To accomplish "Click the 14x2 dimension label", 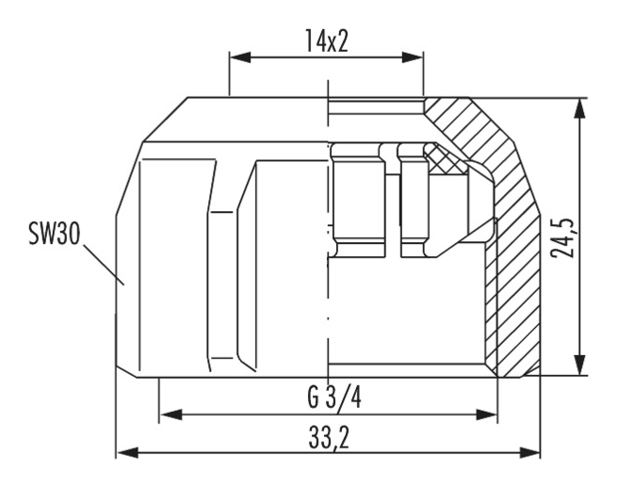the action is click(x=327, y=41).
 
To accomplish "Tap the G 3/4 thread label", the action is click(x=334, y=398).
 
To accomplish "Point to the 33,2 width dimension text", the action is click(x=329, y=437).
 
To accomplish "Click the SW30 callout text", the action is click(x=55, y=234).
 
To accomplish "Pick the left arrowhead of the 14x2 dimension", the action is click(x=240, y=57).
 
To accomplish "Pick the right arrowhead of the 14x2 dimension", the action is click(x=413, y=57).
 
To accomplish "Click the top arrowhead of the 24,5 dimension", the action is click(x=578, y=108).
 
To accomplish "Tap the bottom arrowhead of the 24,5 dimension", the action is click(x=578, y=365).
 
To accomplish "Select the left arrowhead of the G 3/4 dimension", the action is click(x=171, y=415).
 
